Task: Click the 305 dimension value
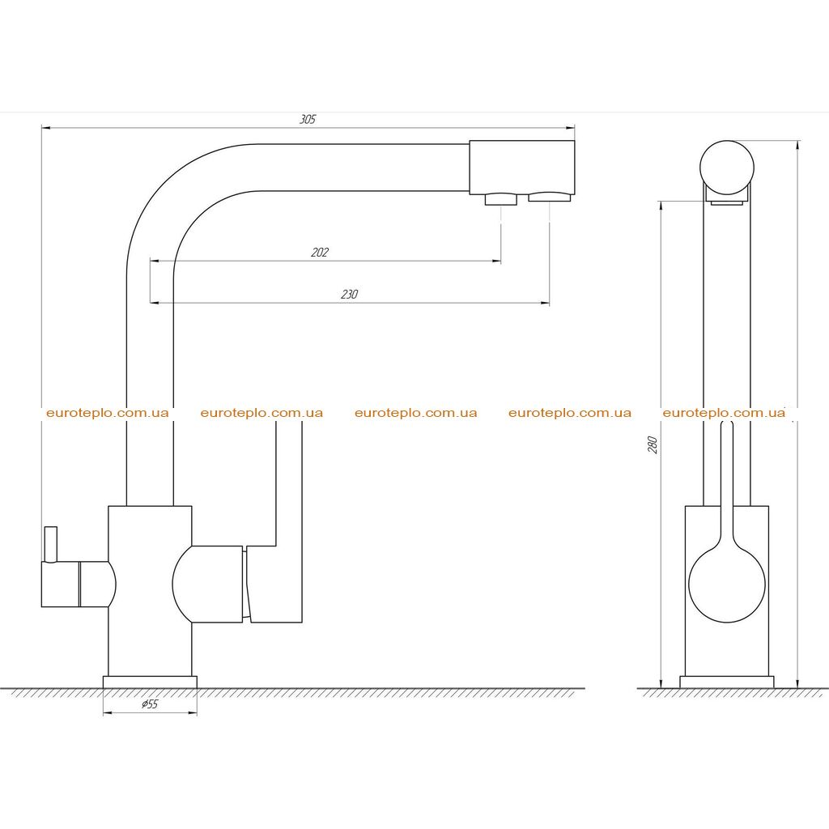(308, 120)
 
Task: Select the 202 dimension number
(319, 253)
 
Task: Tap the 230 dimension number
(349, 295)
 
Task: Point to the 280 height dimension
(653, 444)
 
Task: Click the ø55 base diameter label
(150, 704)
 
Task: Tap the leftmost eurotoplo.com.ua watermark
(108, 413)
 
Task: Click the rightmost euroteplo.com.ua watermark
(724, 413)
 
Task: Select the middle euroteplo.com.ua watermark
(415, 413)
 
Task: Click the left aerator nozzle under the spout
(500, 199)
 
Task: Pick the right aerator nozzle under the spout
(550, 197)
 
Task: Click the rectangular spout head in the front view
(522, 167)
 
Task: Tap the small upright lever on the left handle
(51, 544)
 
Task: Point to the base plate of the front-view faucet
(150, 682)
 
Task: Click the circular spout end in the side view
(727, 168)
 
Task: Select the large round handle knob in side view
(727, 584)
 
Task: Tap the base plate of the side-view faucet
(727, 682)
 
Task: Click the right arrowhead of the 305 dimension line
(571, 127)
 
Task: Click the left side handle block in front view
(79, 585)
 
